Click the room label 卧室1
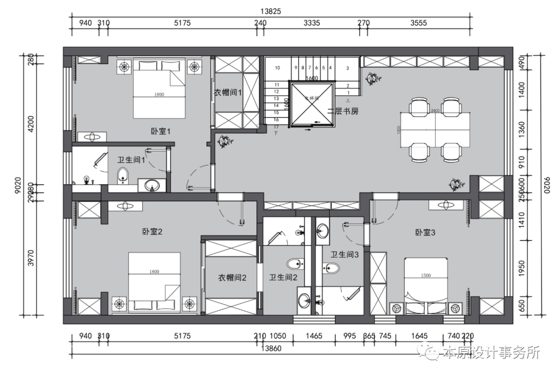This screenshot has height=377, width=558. click(161, 132)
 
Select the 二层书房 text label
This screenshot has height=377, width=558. click(343, 111)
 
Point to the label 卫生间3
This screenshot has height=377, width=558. click(345, 254)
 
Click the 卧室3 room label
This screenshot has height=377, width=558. click(425, 232)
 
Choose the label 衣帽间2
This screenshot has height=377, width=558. click(232, 278)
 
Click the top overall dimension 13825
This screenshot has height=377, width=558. click(271, 11)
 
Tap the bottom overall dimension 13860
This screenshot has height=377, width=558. click(271, 349)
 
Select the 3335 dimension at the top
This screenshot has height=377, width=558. click(312, 23)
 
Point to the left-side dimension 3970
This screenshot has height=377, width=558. click(32, 257)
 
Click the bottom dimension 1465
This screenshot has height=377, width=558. click(314, 336)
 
